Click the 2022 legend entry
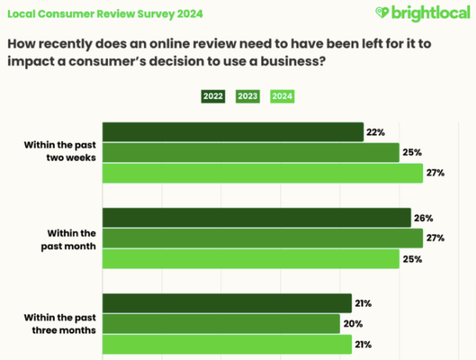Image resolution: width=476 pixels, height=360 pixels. [x=213, y=96]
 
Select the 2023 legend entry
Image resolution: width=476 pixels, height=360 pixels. [x=248, y=96]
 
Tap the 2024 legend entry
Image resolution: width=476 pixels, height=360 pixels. [x=283, y=96]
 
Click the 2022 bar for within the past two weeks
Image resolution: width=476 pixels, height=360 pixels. [x=233, y=132]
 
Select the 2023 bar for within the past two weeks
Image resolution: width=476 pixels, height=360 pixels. [x=251, y=153]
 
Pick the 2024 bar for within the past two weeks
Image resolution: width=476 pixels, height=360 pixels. [x=262, y=173]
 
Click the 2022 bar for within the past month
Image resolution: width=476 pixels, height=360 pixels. [x=256, y=217]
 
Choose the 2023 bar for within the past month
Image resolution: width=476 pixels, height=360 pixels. [x=262, y=238]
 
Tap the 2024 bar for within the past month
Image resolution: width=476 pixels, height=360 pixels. [x=251, y=258]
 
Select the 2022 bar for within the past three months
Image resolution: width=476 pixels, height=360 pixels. [x=227, y=303]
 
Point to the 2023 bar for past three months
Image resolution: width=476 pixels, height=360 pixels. [x=221, y=324]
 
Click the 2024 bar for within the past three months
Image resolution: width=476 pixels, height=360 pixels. [x=227, y=344]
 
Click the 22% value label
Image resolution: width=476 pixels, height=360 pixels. [x=376, y=132]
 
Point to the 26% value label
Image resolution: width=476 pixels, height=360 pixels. [x=423, y=217]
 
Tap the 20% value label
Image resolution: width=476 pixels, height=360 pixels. [x=352, y=324]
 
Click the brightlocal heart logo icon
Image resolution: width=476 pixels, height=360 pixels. [x=382, y=13]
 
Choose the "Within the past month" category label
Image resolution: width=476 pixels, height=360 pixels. [x=71, y=238]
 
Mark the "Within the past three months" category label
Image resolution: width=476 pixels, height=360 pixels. [x=61, y=323]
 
